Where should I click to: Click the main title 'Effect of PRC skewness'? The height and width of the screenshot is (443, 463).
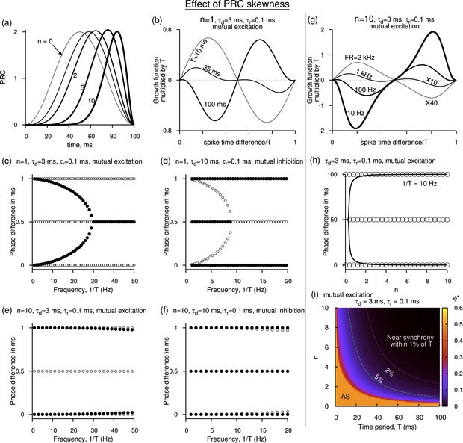click(x=232, y=7)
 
